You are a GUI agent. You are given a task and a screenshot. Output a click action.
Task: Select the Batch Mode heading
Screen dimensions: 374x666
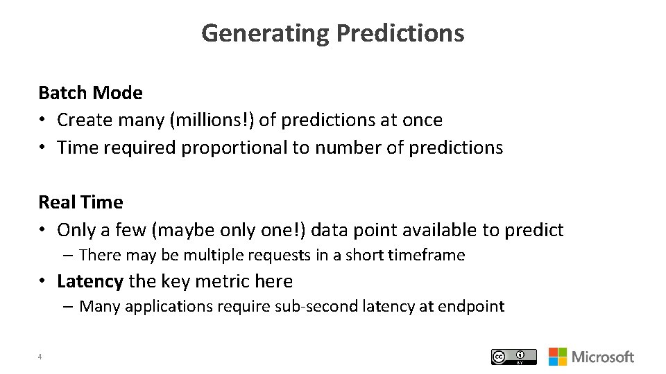(90, 93)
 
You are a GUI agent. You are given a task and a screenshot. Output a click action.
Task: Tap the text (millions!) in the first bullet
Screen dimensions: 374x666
(212, 120)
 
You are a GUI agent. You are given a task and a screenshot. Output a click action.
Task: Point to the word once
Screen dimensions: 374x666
(420, 120)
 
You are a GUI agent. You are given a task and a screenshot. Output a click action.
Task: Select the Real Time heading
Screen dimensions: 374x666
(80, 202)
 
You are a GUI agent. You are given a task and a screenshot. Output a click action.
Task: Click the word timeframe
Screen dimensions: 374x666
(427, 256)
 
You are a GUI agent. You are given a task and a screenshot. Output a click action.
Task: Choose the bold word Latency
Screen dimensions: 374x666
(90, 281)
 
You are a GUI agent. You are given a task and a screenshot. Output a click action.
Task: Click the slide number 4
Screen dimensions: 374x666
(40, 357)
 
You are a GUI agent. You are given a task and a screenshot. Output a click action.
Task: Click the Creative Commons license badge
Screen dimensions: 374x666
(513, 357)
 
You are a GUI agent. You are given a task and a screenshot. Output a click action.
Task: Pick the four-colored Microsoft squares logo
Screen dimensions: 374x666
(557, 357)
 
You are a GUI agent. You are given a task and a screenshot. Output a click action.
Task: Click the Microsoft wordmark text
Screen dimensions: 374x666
(602, 357)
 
